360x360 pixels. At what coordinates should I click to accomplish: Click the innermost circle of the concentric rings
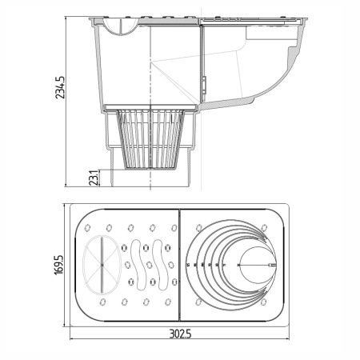[256, 263]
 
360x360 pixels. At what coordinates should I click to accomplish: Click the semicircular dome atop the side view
[120, 24]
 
